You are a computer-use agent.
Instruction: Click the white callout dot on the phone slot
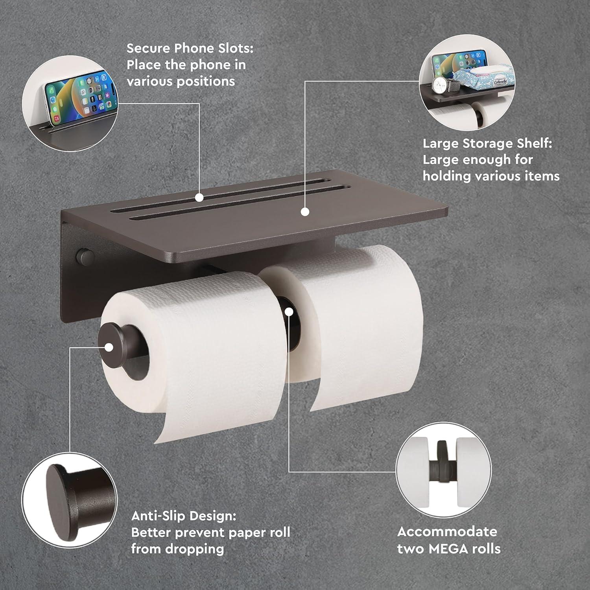click(x=199, y=197)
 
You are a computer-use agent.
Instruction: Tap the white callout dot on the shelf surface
click(x=305, y=212)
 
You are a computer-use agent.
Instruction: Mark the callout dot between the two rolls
click(x=289, y=312)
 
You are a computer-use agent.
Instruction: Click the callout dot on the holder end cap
click(x=109, y=347)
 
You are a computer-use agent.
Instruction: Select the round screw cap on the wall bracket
click(x=85, y=257)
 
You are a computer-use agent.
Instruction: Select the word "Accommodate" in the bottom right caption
click(x=447, y=531)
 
